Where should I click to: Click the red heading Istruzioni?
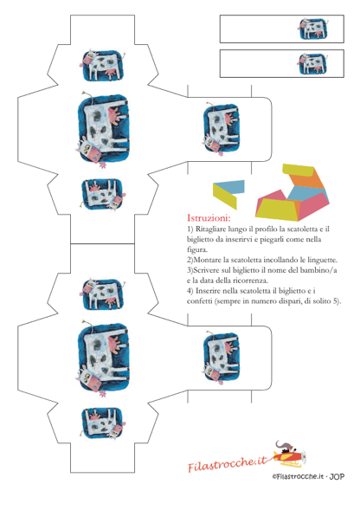tap(209, 217)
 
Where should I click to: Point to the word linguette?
tap(322, 261)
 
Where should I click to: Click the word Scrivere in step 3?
tap(207, 270)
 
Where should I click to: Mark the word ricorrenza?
tap(250, 281)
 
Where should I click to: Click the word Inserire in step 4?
tap(209, 291)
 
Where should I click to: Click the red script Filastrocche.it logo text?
tap(227, 463)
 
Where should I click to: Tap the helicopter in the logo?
tap(289, 454)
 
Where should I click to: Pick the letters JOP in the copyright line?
tap(337, 477)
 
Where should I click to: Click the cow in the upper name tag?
tap(313, 29)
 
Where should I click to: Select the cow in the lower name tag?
tap(313, 64)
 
